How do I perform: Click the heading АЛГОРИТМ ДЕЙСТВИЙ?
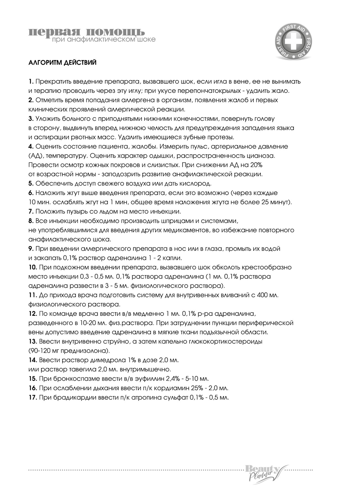point(62,63)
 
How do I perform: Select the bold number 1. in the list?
point(31,82)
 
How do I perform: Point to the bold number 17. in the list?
point(33,397)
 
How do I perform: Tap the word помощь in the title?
point(115,32)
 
